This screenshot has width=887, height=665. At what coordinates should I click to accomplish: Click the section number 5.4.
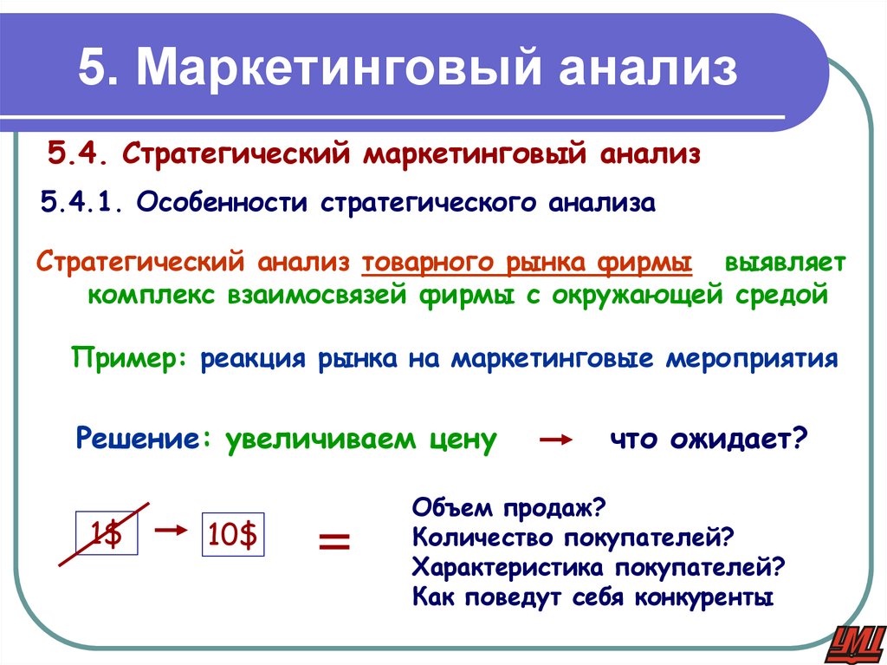pos(79,157)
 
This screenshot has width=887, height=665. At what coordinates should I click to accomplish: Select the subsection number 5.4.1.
pos(83,204)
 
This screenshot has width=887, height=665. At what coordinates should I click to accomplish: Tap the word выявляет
pos(789,263)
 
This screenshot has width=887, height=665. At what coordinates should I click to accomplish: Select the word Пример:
pos(130,358)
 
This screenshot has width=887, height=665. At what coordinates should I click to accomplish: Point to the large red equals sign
pos(335,544)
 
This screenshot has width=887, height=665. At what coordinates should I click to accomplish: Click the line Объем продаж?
pos(508,507)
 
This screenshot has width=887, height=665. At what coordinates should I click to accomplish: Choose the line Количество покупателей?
pos(573,538)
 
